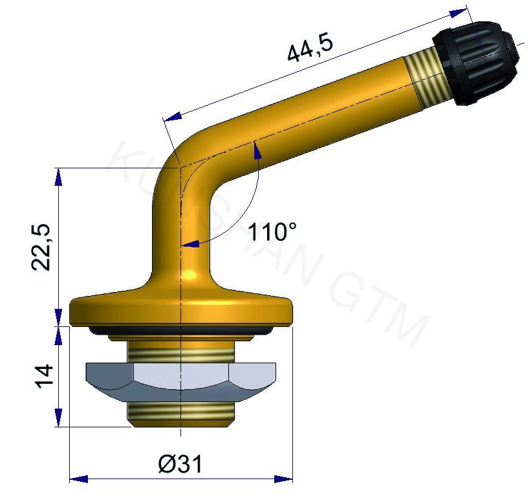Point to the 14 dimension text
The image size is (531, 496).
43,377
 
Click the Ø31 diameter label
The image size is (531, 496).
180,464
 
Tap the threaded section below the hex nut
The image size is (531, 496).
180,412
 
